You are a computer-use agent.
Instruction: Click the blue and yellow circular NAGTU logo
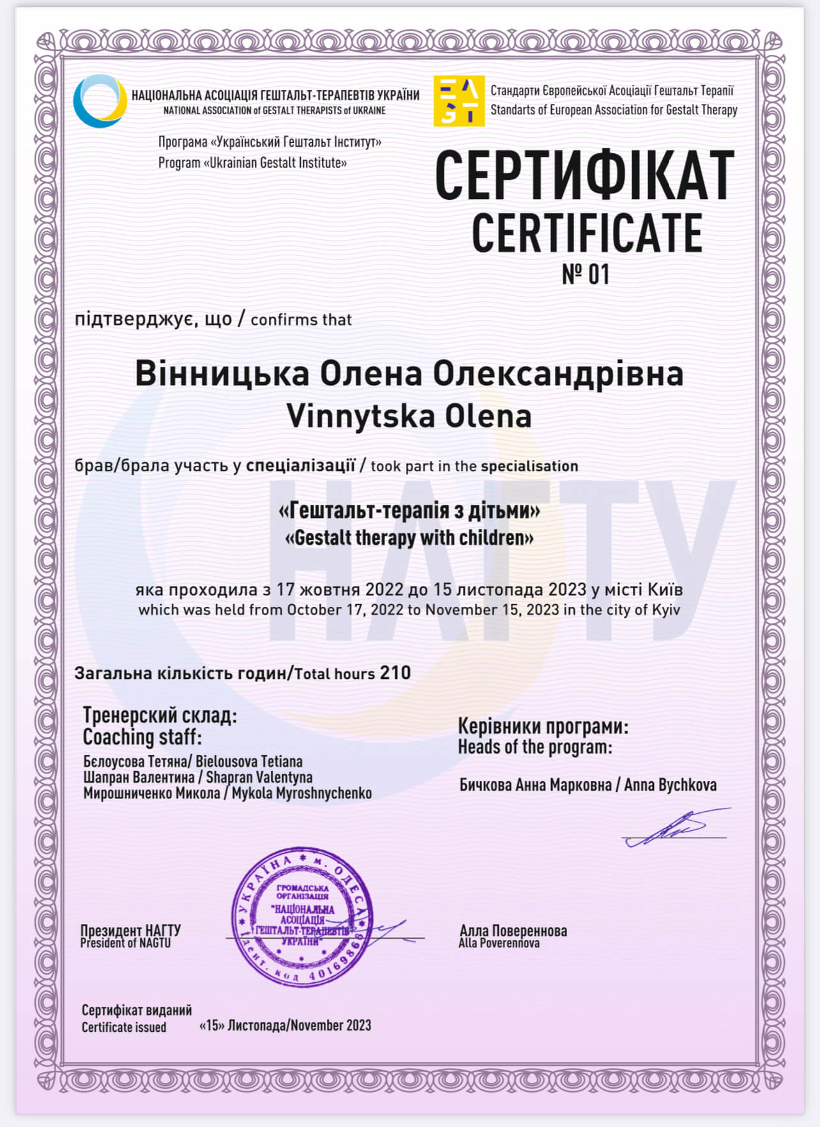pos(100,101)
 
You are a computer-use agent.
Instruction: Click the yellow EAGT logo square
pos(459,101)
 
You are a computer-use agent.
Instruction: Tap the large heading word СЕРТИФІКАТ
pos(584,176)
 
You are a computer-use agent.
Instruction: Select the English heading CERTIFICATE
pos(586,234)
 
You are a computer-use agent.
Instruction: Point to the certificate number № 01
pos(586,274)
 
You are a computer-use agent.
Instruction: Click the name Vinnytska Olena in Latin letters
pos(409,416)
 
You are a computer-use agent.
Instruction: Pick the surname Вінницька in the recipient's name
pos(222,374)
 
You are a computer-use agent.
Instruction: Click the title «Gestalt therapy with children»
pos(409,538)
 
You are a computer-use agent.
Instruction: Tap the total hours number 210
pos(395,673)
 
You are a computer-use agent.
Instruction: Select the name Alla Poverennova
pos(499,943)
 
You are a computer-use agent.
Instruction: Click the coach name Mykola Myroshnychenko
pos(301,793)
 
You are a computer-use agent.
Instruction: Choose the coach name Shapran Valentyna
pos(259,777)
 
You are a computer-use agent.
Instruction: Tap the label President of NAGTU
pos(125,943)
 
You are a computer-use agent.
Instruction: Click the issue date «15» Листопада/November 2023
pos(285,1025)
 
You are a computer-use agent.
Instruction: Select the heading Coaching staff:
pos(142,737)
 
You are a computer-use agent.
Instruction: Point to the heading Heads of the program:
pos(535,747)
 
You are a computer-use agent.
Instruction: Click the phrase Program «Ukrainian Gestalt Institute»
pos(252,163)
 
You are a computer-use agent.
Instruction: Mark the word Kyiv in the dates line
pos(665,609)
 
